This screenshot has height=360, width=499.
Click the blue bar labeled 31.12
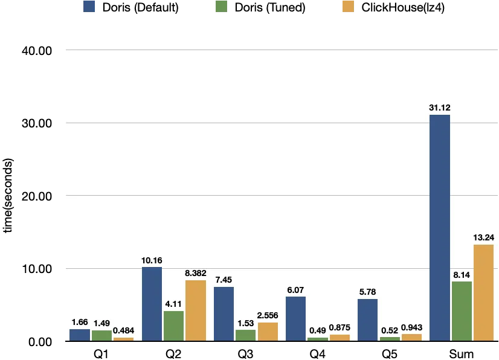coord(440,228)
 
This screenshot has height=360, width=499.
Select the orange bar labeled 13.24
coord(483,292)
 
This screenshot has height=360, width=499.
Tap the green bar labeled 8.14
coord(462,311)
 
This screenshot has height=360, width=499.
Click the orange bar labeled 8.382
coord(195,310)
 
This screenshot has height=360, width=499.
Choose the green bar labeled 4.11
coord(173,326)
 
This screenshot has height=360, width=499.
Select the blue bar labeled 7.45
coord(224,313)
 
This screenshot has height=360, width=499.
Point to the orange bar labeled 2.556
coord(268,332)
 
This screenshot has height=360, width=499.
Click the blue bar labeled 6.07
coord(295,318)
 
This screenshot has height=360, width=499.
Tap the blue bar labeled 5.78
coord(367,320)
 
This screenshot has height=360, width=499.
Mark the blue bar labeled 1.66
coord(80,335)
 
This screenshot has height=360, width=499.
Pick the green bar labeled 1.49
coord(101,335)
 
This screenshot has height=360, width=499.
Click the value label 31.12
coord(440,108)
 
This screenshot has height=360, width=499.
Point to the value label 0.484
coord(123,330)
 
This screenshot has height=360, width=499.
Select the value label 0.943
coord(411,327)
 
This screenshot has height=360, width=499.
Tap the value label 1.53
coord(245,323)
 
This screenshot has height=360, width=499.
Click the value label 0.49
coord(317,330)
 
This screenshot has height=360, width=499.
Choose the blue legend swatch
coord(89,7)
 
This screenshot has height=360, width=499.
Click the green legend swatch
coord(220,7)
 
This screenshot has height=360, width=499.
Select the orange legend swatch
coord(347,7)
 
